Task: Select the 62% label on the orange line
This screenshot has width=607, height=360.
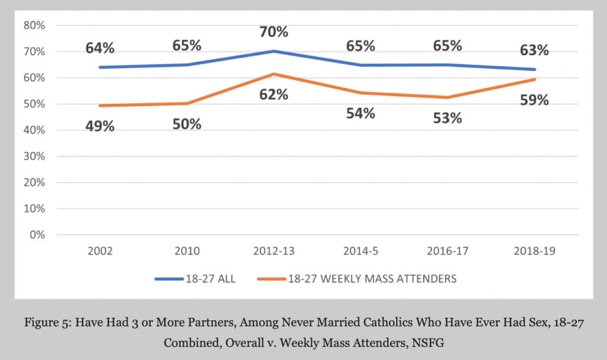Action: [x=274, y=94]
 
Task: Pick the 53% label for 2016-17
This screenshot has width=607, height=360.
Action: [x=448, y=117]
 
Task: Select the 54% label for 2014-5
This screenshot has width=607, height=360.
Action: [x=361, y=113]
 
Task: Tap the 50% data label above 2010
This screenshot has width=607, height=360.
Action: [x=187, y=124]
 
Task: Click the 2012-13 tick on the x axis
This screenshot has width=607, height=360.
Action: [x=274, y=250]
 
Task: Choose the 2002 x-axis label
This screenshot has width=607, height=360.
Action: [x=100, y=250]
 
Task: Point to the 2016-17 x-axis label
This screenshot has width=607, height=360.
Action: [x=448, y=250]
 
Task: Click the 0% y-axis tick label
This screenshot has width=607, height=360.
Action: [x=37, y=235]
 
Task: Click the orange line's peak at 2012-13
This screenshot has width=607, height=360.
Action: [x=274, y=74]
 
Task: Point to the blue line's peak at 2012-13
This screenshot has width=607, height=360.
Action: [x=274, y=51]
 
